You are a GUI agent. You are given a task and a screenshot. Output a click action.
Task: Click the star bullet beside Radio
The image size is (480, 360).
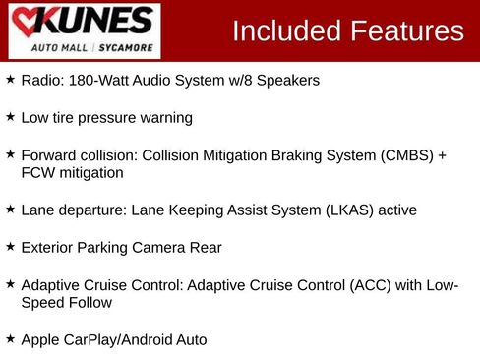10,80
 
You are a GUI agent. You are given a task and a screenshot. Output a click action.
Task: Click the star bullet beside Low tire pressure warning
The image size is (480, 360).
10,116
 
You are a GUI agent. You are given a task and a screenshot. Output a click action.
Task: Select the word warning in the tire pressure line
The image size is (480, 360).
162,118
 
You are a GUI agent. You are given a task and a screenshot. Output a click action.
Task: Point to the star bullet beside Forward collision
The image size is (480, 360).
10,154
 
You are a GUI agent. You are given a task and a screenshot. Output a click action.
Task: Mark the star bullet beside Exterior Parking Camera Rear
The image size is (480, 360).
10,246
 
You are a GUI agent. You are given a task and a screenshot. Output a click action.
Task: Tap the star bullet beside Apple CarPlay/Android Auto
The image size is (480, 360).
10,338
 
